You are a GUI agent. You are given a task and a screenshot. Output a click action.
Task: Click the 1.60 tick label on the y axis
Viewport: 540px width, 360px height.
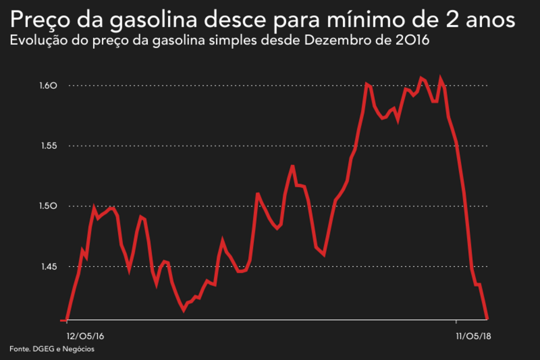pos(49,86)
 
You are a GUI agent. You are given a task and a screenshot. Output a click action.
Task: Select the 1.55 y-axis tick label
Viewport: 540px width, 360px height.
pos(49,146)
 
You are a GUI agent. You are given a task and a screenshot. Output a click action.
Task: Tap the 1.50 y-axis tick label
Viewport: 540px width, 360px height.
pos(49,206)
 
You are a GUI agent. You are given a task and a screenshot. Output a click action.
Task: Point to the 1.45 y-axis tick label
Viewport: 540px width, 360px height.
pos(49,267)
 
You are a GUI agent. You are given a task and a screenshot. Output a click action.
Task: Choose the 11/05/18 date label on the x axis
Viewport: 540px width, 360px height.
pos(473,336)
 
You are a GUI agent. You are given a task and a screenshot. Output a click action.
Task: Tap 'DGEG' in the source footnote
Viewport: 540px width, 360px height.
pos(43,349)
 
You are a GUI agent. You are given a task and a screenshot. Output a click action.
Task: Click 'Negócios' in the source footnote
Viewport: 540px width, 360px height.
pos(78,349)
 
